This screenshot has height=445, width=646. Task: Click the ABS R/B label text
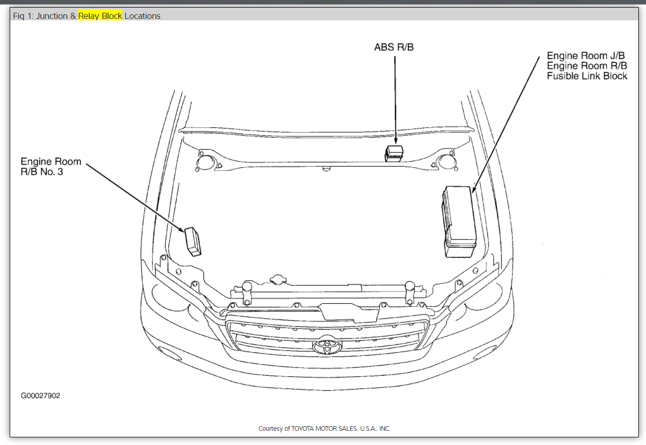[394, 47]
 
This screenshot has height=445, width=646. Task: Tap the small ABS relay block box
[394, 153]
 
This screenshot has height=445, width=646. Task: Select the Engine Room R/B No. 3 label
[51, 166]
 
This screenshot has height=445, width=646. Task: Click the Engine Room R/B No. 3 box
[192, 242]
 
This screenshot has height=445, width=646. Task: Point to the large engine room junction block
[459, 222]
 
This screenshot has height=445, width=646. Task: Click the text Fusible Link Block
[587, 76]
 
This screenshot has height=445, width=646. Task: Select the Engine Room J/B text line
[586, 56]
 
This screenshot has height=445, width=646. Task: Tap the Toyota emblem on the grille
[327, 346]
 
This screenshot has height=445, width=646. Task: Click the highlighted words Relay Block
[100, 16]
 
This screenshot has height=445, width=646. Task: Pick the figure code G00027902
[40, 396]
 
